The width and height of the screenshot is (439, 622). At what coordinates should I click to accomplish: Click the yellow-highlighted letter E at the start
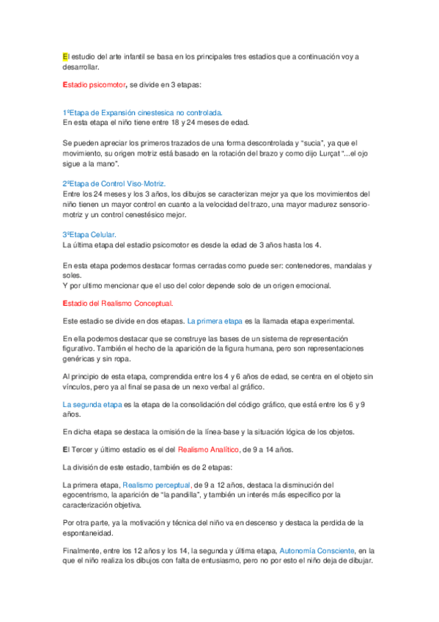(64, 56)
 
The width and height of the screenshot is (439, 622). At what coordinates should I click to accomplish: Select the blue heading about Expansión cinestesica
(143, 113)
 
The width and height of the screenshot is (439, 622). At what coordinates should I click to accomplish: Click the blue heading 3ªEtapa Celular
(89, 234)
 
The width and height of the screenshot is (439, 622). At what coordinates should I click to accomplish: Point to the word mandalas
(345, 264)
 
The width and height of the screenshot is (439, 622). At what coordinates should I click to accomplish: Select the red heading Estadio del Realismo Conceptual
(118, 303)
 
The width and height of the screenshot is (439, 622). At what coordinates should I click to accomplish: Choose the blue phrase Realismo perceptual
(157, 485)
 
